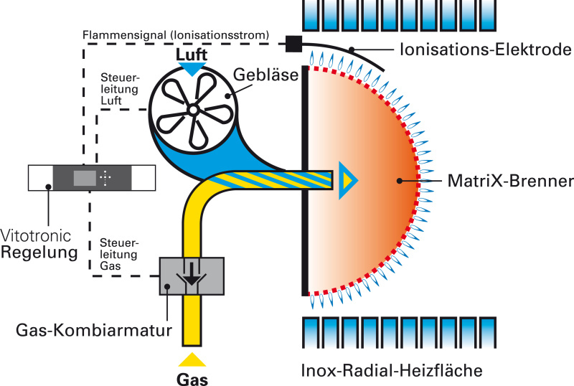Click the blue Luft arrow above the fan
(x=192, y=68)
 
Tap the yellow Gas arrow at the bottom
(x=192, y=359)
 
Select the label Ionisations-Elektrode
(x=486, y=50)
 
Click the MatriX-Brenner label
(x=510, y=181)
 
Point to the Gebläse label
(x=265, y=75)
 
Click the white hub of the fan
(x=192, y=110)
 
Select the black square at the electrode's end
(x=293, y=44)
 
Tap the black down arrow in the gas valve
(x=191, y=274)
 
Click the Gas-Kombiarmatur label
(x=94, y=330)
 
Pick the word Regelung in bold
(x=39, y=253)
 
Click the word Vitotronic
(x=36, y=235)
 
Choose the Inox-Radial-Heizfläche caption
(x=392, y=371)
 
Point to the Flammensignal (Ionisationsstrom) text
(x=176, y=35)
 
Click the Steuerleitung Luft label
(x=120, y=89)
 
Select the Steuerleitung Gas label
(x=119, y=254)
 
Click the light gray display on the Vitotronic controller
(x=85, y=179)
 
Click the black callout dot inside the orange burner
(x=400, y=181)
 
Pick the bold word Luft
(x=192, y=55)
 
